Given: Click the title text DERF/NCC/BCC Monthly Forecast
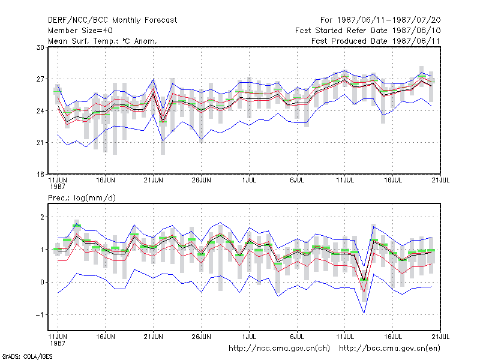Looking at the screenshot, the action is click(112, 20).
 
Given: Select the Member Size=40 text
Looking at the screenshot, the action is click(80, 31).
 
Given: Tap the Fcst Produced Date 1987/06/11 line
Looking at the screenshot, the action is click(376, 41).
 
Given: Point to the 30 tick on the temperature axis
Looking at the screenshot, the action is click(40, 47).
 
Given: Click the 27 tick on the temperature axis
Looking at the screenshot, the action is click(40, 79).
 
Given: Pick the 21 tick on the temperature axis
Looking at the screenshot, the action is click(40, 143).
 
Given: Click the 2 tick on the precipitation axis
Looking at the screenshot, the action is click(42, 217).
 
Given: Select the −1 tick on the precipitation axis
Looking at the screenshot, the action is click(40, 314).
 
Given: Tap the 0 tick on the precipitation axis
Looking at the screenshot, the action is click(42, 282).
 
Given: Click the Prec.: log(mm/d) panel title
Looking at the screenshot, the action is click(82, 198).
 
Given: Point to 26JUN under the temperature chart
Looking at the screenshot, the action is click(201, 181).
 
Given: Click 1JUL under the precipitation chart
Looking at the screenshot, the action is click(249, 337).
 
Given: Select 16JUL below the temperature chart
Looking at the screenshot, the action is click(393, 181).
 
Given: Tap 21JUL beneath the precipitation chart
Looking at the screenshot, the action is click(440, 337).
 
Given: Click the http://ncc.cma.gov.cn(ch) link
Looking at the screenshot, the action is click(279, 349).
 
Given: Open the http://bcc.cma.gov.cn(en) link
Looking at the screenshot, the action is click(389, 349).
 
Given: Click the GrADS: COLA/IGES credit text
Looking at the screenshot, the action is click(27, 356).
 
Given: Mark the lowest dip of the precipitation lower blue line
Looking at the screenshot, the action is click(364, 313).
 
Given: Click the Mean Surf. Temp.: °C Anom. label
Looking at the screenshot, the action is click(102, 41).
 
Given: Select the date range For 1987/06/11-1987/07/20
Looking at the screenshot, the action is click(380, 20).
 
